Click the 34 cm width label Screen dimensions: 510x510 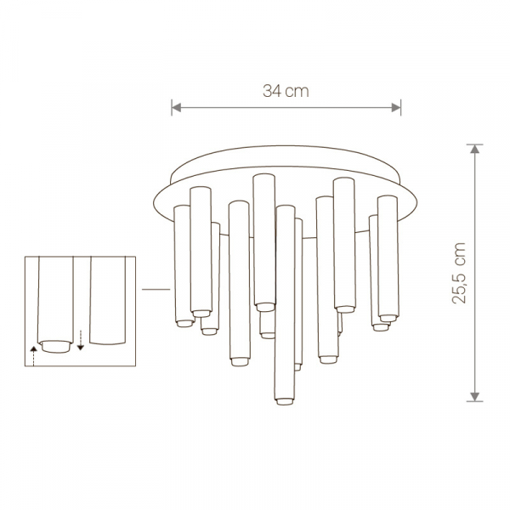coord(285,93)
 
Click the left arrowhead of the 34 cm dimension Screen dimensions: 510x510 coord(175,107)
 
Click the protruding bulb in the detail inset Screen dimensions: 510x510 coord(57,345)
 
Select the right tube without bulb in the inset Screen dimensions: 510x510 coord(109,302)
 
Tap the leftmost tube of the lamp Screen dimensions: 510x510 coord(182,263)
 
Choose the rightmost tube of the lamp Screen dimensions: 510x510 coord(388,255)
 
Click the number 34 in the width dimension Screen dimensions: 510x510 coord(273,93)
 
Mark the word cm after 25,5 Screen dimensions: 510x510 coord(460,252)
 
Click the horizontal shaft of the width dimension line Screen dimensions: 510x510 coord(286,107)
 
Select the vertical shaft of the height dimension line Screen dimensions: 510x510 coord(475,272)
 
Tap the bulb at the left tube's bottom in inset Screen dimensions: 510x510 coord(57,345)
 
